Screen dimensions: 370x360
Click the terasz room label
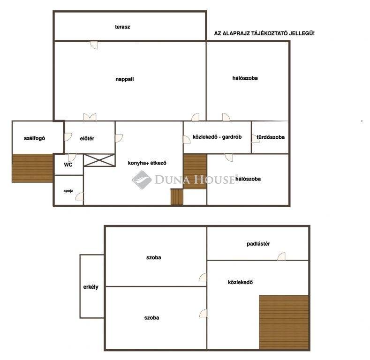click(122, 27)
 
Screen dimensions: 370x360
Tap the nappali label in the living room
click(125, 79)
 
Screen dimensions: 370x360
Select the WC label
click(68, 165)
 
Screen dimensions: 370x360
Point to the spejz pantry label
click(68, 191)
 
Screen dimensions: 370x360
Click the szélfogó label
click(34, 138)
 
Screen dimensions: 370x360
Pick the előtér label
click(87, 138)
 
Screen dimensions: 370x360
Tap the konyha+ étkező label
click(147, 163)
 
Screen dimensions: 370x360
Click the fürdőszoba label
click(271, 137)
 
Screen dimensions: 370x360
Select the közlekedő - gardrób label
click(217, 137)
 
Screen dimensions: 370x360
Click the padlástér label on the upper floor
click(258, 244)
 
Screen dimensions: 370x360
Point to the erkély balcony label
click(91, 287)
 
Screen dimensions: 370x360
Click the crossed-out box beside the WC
click(99, 160)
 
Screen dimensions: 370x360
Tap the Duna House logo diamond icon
click(142, 180)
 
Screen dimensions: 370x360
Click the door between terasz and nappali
click(94, 45)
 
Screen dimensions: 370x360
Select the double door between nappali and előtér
click(90, 117)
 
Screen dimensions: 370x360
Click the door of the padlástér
click(281, 256)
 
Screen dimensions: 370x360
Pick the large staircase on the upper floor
click(284, 322)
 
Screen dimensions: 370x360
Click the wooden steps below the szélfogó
click(32, 168)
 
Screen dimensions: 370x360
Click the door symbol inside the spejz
click(79, 196)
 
